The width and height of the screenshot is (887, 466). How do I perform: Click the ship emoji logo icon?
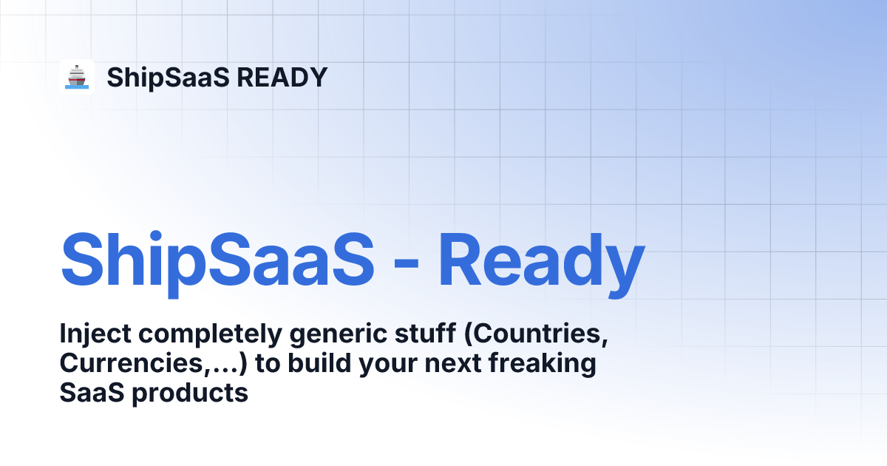[77, 77]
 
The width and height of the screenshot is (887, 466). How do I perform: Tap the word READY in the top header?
[282, 77]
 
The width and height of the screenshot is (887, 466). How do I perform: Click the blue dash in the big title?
[407, 262]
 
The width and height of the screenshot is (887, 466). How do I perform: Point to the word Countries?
[536, 334]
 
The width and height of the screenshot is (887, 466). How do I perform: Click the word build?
[319, 362]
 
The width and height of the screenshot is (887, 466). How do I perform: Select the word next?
[452, 363]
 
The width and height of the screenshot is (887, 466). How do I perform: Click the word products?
[190, 394]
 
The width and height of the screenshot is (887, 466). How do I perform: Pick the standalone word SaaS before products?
[92, 393]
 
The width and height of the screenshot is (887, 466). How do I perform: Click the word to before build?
[268, 364]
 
